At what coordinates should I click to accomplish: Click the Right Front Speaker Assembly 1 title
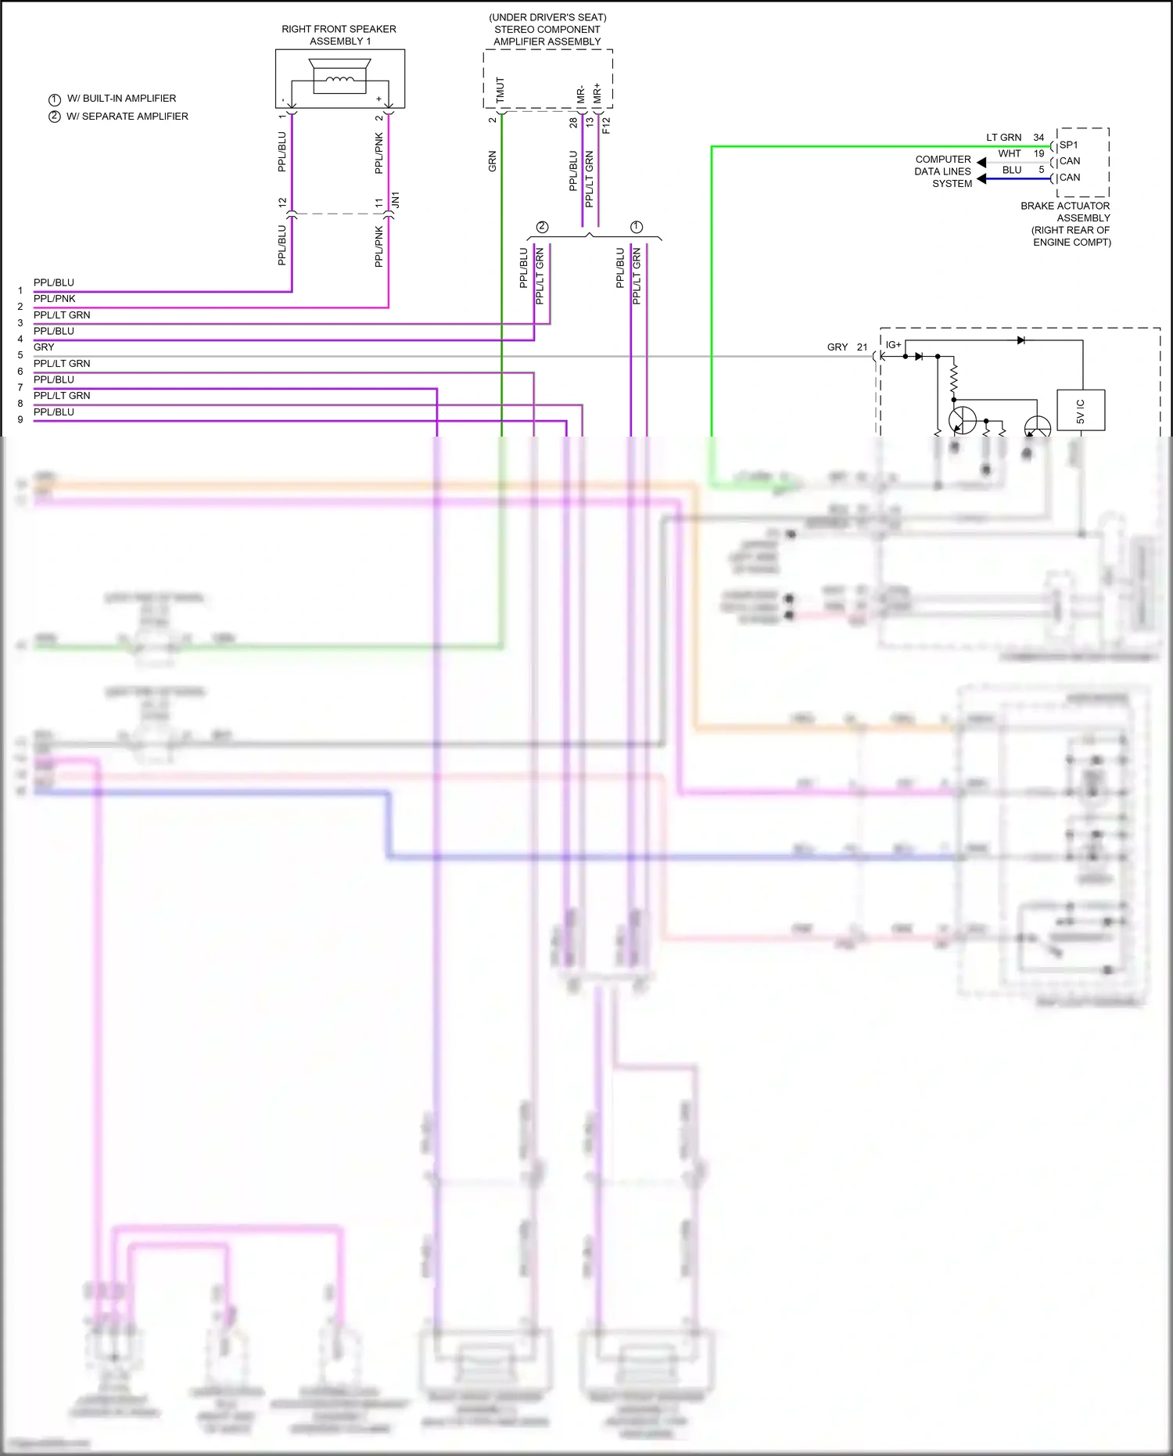pyautogui.click(x=339, y=35)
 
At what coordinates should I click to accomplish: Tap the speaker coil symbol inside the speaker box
pyautogui.click(x=339, y=79)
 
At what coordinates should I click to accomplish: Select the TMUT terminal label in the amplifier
pyautogui.click(x=500, y=90)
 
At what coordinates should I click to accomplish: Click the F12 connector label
pyautogui.click(x=606, y=125)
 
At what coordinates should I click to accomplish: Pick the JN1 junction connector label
pyautogui.click(x=396, y=200)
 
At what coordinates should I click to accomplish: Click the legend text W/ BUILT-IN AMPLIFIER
pyautogui.click(x=121, y=99)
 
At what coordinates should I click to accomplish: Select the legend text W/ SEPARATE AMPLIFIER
pyautogui.click(x=127, y=117)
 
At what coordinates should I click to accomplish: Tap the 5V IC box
pyautogui.click(x=1081, y=410)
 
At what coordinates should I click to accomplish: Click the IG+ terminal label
pyautogui.click(x=893, y=345)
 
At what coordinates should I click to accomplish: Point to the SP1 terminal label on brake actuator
pyautogui.click(x=1068, y=145)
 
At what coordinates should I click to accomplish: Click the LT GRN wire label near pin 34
pyautogui.click(x=1003, y=138)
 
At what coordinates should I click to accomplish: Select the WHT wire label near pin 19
pyautogui.click(x=1009, y=154)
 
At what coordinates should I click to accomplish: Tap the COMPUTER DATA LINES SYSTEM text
pyautogui.click(x=943, y=171)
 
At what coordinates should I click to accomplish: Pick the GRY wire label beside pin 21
pyautogui.click(x=837, y=347)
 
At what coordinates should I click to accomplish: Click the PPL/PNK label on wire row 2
pyautogui.click(x=55, y=299)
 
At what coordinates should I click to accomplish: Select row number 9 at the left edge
pyautogui.click(x=20, y=420)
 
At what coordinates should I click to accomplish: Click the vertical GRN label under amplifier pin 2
pyautogui.click(x=493, y=162)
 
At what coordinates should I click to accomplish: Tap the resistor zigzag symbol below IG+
pyautogui.click(x=953, y=378)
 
